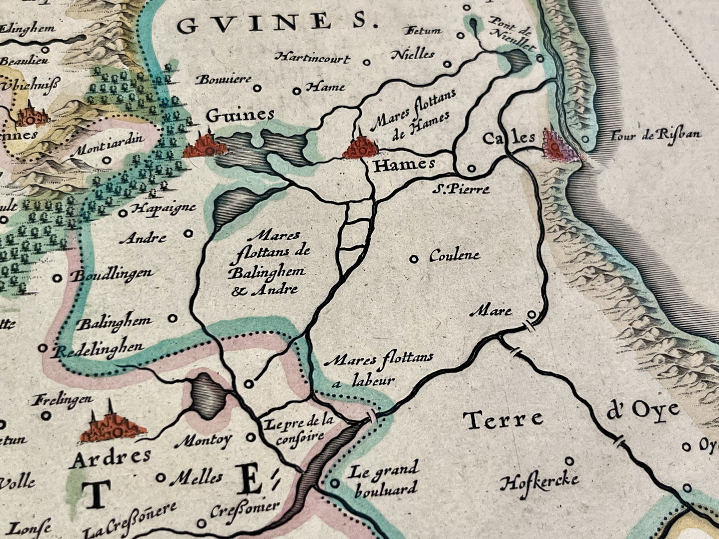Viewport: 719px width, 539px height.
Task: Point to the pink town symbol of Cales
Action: pyautogui.click(x=561, y=146)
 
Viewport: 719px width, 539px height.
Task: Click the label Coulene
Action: pyautogui.click(x=454, y=256)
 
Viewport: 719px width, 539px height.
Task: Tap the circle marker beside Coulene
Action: pyautogui.click(x=413, y=259)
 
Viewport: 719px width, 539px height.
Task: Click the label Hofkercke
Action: pyautogui.click(x=540, y=481)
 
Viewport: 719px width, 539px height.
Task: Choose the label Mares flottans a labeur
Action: pyautogui.click(x=378, y=368)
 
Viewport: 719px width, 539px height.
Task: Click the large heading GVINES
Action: pyautogui.click(x=277, y=23)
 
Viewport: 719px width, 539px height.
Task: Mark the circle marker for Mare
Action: pyautogui.click(x=531, y=314)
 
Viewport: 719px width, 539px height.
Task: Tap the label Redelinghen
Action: pyautogui.click(x=98, y=349)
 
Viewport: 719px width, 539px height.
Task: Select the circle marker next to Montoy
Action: pyautogui.click(x=251, y=438)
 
